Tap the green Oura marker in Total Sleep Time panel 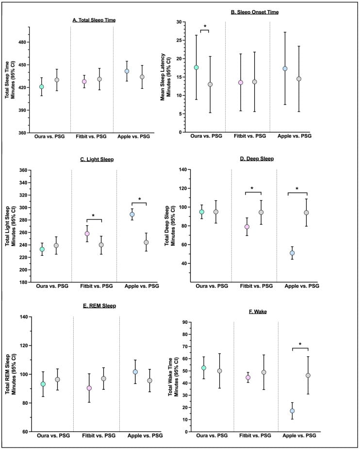[x=42, y=87]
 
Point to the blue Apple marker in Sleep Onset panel [x=285, y=68]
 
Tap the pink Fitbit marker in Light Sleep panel [x=87, y=233]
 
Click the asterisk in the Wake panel [x=300, y=345]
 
